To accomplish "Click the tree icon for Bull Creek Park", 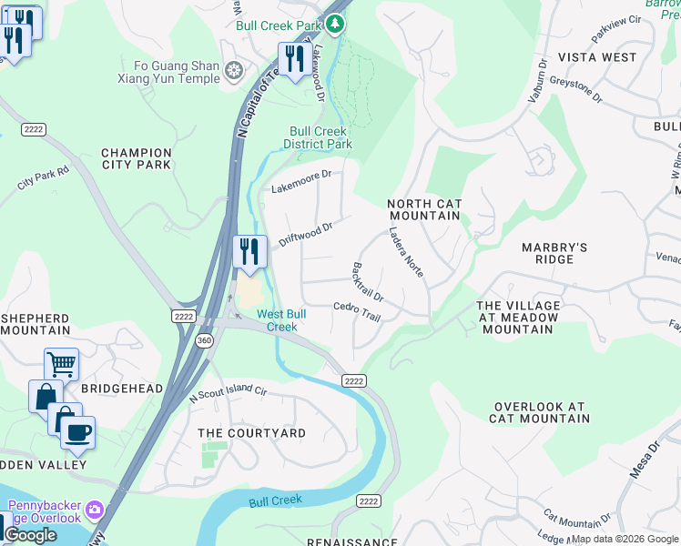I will point(337,24).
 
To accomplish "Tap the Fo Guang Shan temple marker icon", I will point(235,71).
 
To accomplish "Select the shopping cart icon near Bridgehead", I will point(61,364).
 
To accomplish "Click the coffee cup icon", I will point(77,431).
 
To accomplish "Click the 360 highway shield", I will point(201,340).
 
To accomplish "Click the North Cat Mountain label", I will point(424,209).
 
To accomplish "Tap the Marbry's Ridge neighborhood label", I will point(554,253).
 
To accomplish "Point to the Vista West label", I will point(597,57).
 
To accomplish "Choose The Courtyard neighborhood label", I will point(252,433).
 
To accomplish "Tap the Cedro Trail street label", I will point(356,311).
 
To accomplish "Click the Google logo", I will point(30,535).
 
